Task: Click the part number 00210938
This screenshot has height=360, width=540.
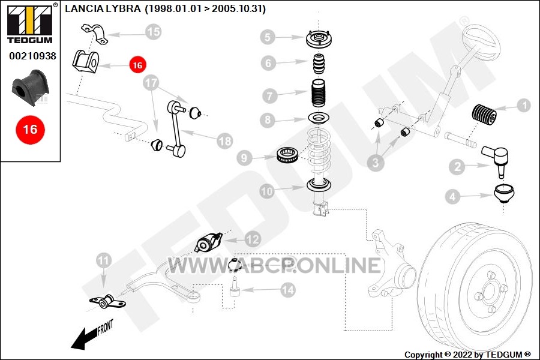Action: (32, 56)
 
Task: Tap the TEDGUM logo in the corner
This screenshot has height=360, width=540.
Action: (30, 23)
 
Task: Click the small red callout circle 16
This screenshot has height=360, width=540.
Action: (137, 65)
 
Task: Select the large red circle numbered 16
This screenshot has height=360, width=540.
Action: (31, 130)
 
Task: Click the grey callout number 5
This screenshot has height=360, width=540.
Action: (268, 37)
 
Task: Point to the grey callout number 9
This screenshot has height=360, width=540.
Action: (244, 158)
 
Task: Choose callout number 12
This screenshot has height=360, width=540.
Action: (253, 239)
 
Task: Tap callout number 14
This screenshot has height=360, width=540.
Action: (287, 290)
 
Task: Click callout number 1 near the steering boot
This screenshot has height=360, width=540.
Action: (524, 105)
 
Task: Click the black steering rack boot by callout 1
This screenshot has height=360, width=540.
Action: (484, 113)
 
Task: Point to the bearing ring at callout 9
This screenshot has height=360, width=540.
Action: (287, 155)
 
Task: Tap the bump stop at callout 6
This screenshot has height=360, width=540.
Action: (319, 64)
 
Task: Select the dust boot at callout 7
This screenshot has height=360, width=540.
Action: (318, 94)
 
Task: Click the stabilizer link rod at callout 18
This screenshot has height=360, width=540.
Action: (176, 129)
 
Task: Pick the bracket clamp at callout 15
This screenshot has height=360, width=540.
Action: (94, 34)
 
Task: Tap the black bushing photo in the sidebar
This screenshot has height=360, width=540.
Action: (30, 88)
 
